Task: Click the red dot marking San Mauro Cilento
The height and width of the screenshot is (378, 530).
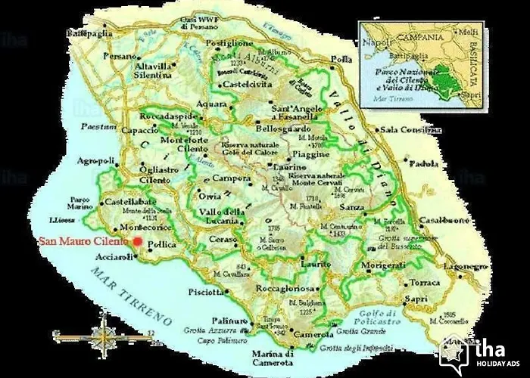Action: pyautogui.click(x=137, y=241)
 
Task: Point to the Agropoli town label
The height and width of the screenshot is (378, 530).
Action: pyautogui.click(x=95, y=161)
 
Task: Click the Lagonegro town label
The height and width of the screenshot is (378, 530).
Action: pyautogui.click(x=465, y=267)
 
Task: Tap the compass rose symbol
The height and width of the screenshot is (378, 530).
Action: pyautogui.click(x=102, y=334)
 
